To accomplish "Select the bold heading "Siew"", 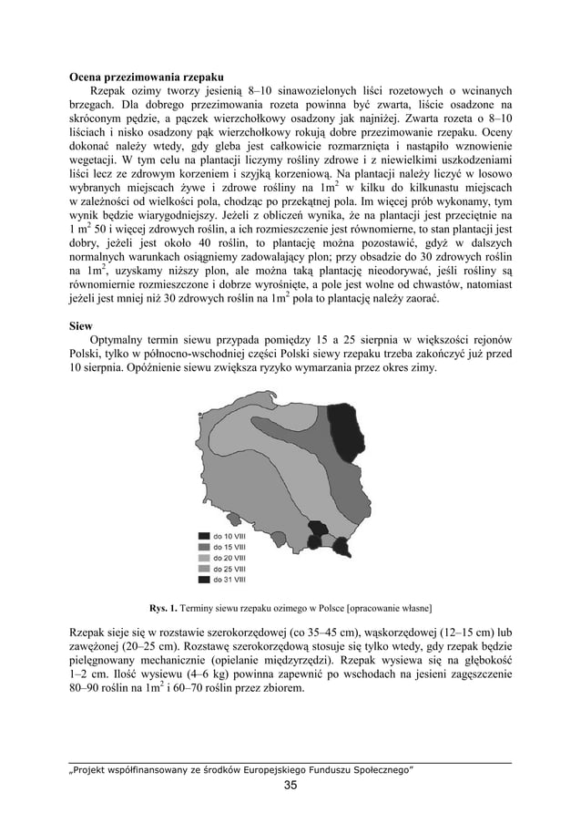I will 81,324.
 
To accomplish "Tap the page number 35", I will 290,787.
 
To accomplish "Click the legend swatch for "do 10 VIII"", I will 205,536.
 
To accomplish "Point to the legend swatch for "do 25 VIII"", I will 205,569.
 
